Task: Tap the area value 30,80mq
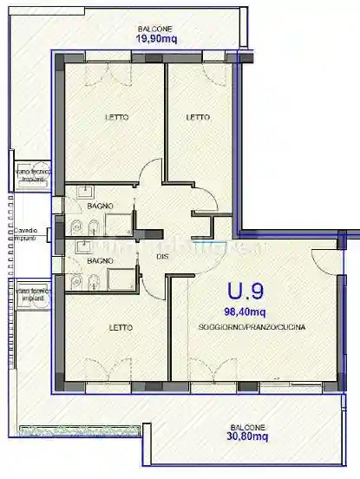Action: click(x=247, y=436)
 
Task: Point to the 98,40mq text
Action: click(x=246, y=310)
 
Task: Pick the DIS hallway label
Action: click(x=162, y=256)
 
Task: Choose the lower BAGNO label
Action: click(x=101, y=260)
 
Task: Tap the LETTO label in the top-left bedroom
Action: click(x=117, y=117)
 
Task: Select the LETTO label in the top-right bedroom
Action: click(x=198, y=117)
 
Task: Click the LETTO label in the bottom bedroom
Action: click(x=121, y=327)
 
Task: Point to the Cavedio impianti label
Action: click(x=24, y=233)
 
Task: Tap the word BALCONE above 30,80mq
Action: click(x=247, y=426)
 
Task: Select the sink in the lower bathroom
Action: click(x=83, y=246)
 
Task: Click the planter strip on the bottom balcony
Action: click(x=78, y=430)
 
